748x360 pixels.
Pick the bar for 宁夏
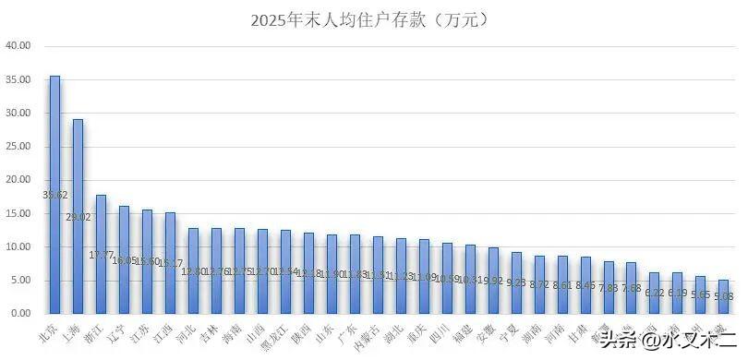coord(516,282)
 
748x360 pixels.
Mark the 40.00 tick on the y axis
coord(18,45)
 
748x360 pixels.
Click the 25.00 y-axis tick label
coord(18,146)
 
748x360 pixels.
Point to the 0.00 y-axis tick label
coord(21,314)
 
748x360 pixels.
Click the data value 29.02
coord(78,217)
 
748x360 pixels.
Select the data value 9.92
coord(492,280)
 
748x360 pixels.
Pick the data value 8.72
coord(538,283)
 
